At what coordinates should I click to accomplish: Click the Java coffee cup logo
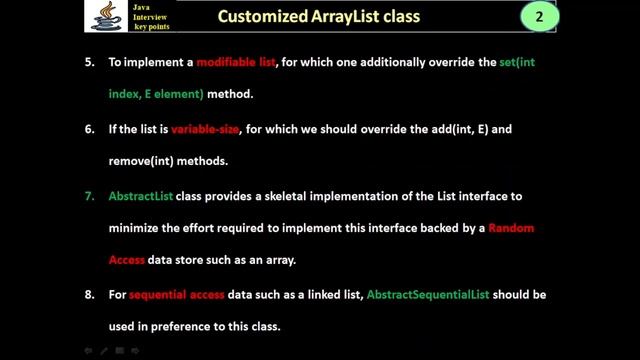[100, 16]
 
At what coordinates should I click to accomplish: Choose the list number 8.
[89, 295]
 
